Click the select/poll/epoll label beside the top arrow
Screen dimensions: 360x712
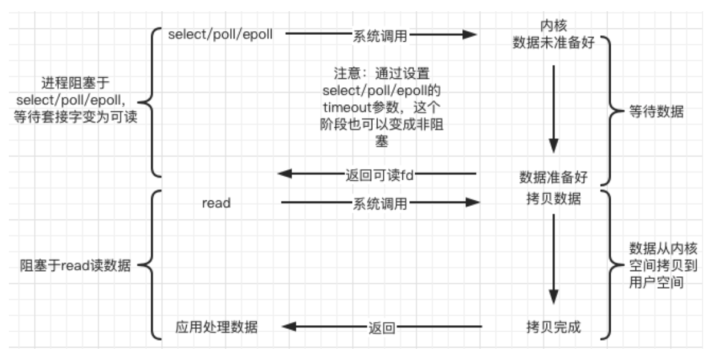[x=220, y=34]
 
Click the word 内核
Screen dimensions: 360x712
[x=553, y=27]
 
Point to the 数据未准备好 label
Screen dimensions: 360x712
[x=553, y=42]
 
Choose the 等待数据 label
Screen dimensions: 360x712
[x=657, y=112]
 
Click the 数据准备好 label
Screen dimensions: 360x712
[x=553, y=177]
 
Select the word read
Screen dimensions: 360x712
[x=216, y=203]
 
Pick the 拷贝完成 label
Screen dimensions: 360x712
[x=553, y=326]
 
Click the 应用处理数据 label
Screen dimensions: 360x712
[x=216, y=326]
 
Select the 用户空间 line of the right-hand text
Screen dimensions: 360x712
[x=657, y=282]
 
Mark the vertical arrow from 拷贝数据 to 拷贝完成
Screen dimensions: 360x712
[x=553, y=259]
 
